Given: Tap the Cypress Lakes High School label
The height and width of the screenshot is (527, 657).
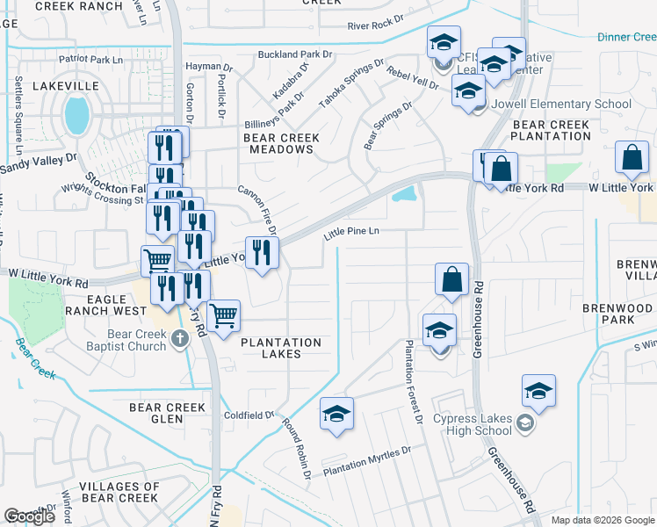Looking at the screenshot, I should click(x=473, y=424).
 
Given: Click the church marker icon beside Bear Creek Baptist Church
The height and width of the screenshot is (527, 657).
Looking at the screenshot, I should click(x=180, y=338).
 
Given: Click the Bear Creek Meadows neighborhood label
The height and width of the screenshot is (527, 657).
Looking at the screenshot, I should click(x=278, y=143).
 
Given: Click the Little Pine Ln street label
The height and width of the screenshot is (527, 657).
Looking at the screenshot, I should click(x=350, y=233).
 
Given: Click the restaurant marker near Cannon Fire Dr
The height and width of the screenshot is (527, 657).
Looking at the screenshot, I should click(x=261, y=253).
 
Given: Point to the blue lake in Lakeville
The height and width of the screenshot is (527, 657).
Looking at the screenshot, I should click(x=77, y=115).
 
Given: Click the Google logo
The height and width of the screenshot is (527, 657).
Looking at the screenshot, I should click(x=30, y=516).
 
